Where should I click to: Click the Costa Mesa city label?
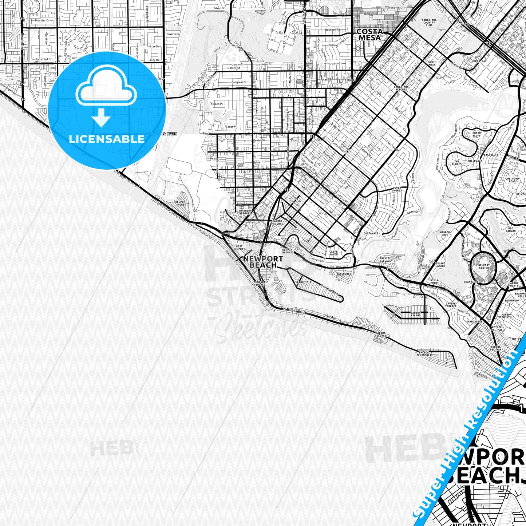point(370,35)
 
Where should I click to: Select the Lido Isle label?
point(304,282)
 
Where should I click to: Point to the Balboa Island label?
point(415,314)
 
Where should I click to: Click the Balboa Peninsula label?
point(424,354)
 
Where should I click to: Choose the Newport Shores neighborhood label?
point(181,203)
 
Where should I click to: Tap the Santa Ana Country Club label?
point(429,23)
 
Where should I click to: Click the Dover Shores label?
point(397,189)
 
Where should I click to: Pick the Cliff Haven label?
point(333,253)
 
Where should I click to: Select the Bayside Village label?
point(385,259)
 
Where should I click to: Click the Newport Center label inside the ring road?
point(484,266)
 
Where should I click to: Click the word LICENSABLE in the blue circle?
point(107,139)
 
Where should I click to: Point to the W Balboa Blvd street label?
point(293,311)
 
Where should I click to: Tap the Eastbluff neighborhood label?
point(491,155)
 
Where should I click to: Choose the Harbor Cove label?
point(444,234)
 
